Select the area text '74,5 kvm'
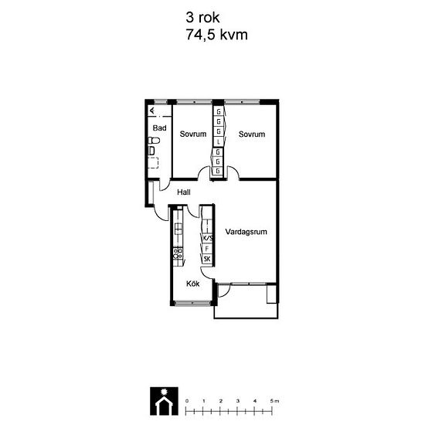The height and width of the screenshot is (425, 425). coord(216,35)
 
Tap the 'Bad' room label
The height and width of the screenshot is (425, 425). coord(160,128)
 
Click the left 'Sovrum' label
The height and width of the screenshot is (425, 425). coord(193,134)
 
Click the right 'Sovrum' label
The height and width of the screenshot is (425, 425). coord(252,134)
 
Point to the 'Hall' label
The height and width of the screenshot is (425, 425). coord(184,192)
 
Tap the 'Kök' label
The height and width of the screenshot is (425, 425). coord(193,284)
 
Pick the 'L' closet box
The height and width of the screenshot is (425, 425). coord(219,142)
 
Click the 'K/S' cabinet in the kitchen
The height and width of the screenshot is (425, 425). coord(207,239)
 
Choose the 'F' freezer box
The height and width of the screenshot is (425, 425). coord(207,249)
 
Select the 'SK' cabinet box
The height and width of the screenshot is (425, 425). coord(207,259)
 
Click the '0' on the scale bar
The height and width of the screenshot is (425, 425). coord(186,401)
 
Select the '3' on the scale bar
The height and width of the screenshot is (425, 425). coord(238,401)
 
